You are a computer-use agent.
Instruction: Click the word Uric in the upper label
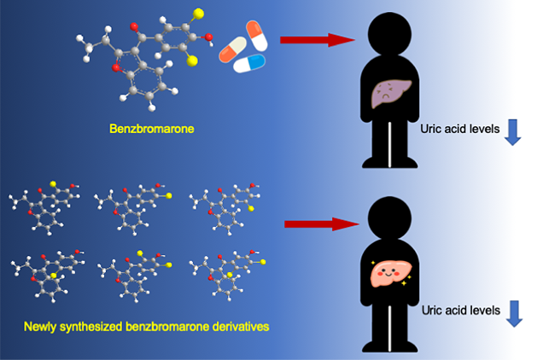431,131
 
